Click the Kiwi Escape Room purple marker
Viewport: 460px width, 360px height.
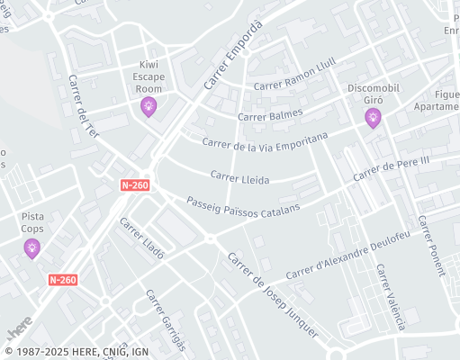point(149,107)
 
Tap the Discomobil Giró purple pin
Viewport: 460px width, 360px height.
point(373,118)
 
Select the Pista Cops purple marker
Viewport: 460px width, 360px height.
point(32,247)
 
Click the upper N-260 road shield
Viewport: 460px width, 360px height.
point(134,185)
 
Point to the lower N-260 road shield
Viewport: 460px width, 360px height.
point(63,280)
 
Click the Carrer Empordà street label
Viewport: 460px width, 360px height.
point(232,55)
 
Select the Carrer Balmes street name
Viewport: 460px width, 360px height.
point(270,115)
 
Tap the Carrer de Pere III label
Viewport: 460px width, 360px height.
point(392,169)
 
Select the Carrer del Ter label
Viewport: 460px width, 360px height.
point(83,105)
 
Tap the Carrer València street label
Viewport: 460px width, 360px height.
point(391,296)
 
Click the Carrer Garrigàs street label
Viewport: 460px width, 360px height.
point(165,319)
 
